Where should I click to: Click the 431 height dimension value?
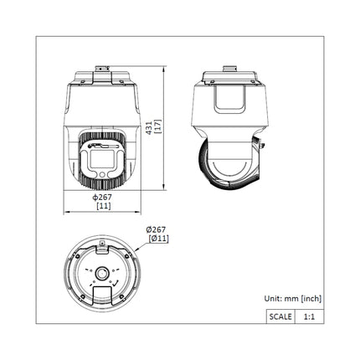(148, 126)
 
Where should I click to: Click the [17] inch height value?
(157, 126)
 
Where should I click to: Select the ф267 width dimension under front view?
(103, 198)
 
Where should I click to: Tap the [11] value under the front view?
(103, 206)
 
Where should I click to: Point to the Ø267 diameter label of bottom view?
(155, 229)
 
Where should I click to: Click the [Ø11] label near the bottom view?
(157, 239)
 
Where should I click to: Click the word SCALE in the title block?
(279, 317)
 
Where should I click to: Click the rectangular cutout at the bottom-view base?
(104, 294)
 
